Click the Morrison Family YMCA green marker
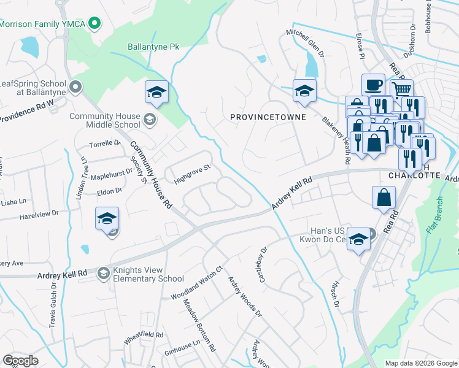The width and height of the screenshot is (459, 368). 94,25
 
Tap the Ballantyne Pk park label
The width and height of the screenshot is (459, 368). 153,47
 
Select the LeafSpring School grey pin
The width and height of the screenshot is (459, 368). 76,87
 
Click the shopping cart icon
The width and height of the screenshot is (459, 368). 401,91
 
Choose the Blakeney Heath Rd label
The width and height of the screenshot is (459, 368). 336,140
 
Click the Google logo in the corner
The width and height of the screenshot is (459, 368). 21,360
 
